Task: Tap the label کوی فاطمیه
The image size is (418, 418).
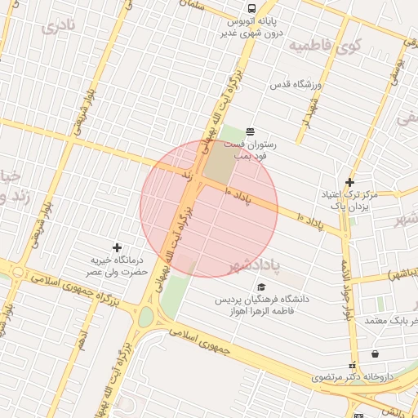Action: (x=323, y=45)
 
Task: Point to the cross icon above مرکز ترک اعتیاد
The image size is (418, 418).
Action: (x=349, y=182)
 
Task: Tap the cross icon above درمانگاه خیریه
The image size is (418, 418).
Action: (x=118, y=247)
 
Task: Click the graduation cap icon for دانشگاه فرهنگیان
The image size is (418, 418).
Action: (x=261, y=287)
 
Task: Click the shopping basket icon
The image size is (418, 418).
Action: (x=375, y=354)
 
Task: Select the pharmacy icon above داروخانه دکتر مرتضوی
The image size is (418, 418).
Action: (x=353, y=365)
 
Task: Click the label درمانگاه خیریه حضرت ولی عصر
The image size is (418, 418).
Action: (x=118, y=264)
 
